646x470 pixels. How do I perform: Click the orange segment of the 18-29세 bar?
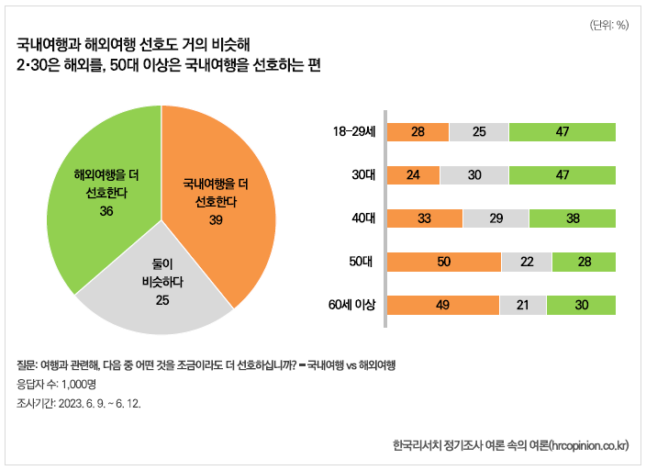tap(418, 131)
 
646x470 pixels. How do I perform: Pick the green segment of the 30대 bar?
tap(562, 174)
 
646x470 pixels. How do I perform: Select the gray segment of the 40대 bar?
tap(496, 218)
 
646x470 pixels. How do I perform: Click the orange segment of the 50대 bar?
tap(443, 262)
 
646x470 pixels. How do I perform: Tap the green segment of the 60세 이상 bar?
tap(581, 305)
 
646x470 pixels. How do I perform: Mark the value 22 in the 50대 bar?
tap(527, 262)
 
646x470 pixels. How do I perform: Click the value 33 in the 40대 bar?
tap(424, 218)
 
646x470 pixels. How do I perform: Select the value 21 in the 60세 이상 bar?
tap(522, 305)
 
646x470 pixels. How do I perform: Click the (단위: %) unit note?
tap(608, 25)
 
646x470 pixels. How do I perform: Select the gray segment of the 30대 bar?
tap(474, 174)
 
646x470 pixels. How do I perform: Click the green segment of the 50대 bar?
tap(584, 262)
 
